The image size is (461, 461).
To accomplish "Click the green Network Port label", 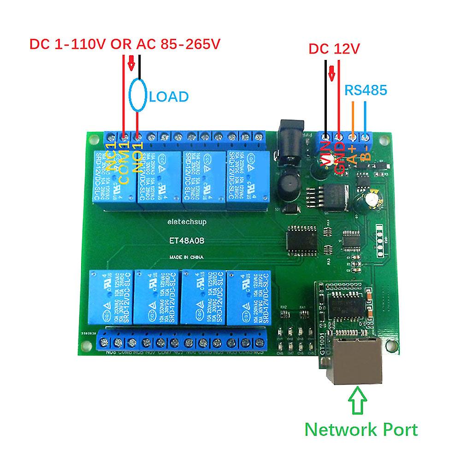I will click(361, 430).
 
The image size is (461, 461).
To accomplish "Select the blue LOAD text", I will click(169, 97).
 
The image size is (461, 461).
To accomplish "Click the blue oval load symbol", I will click(138, 97).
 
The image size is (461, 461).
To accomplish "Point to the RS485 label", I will click(365, 90).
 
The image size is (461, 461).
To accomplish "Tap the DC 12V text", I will click(333, 49).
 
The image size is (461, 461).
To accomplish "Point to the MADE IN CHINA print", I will click(184, 257).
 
